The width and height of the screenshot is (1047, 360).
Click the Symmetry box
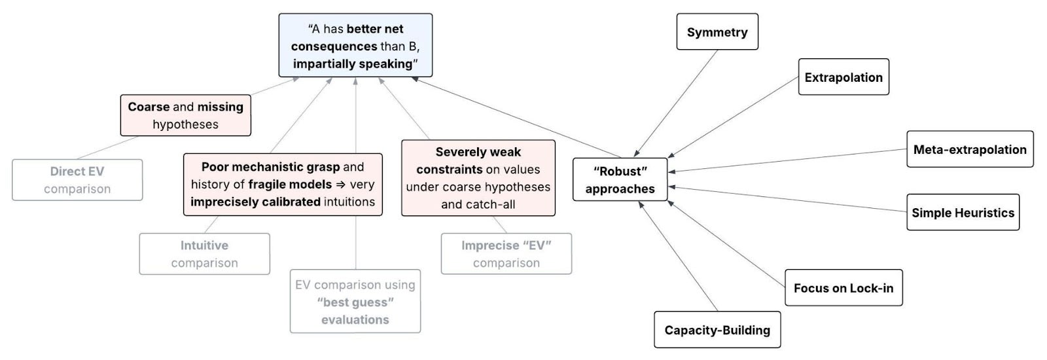[x=717, y=32]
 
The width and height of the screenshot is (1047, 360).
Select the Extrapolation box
[x=843, y=77]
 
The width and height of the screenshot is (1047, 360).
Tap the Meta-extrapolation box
[x=969, y=149]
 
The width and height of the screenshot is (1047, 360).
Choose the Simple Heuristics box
[x=963, y=213]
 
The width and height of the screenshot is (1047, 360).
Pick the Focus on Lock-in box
[x=843, y=288]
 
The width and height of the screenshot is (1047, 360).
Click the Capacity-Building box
[x=717, y=330]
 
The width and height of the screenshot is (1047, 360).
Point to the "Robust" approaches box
[x=620, y=180]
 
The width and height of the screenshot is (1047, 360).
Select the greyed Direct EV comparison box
[x=77, y=180]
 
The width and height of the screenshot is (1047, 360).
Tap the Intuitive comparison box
[x=204, y=254]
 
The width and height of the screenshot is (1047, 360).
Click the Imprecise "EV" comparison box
[x=506, y=254]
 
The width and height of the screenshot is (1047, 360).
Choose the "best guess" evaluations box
[x=355, y=302]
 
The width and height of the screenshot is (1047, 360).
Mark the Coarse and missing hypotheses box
[x=185, y=115]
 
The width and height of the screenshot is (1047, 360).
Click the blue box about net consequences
[x=355, y=46]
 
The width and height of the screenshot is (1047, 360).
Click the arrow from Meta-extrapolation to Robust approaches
[x=785, y=161]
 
